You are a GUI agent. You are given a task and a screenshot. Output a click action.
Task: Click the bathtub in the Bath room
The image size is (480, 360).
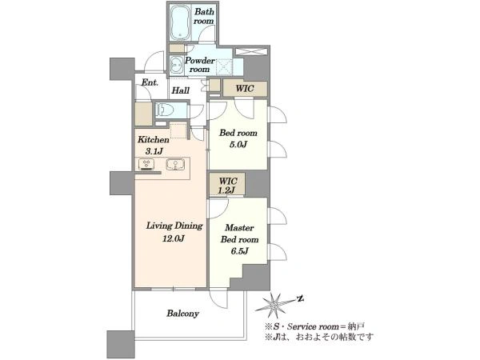click(x=180, y=23)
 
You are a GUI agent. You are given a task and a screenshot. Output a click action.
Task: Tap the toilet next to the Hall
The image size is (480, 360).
click(x=166, y=110)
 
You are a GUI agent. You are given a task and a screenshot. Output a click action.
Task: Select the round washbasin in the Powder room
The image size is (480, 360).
click(x=177, y=66)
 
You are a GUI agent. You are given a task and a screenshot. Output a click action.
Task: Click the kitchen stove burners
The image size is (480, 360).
click(x=146, y=164)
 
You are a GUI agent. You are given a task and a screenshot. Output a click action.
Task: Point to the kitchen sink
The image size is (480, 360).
click(x=175, y=164)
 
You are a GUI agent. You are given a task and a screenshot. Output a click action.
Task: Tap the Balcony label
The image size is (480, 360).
click(x=182, y=313)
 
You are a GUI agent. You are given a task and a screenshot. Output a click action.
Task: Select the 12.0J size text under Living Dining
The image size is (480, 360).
click(x=174, y=238)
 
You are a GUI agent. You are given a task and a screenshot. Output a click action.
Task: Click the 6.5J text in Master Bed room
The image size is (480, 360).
click(x=239, y=251)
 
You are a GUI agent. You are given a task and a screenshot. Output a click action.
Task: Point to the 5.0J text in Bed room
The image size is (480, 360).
click(x=238, y=144)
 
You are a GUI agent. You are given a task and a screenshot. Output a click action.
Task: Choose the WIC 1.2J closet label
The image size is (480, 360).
click(x=227, y=186)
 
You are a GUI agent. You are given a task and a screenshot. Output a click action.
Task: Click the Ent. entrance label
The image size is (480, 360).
click(x=150, y=82)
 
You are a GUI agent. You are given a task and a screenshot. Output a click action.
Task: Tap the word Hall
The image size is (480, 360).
click(x=180, y=90)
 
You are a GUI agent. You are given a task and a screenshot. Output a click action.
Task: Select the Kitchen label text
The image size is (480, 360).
click(x=153, y=139)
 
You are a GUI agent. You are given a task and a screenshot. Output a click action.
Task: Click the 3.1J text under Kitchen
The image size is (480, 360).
click(x=154, y=151)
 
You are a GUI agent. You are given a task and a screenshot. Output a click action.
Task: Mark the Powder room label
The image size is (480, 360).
click(x=199, y=65)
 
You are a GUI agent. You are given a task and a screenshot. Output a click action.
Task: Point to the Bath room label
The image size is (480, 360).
click(x=204, y=16)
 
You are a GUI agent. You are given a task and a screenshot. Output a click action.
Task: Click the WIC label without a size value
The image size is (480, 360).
click(x=245, y=89)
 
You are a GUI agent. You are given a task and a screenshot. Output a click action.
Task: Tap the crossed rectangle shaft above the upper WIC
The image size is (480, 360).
click(x=250, y=51)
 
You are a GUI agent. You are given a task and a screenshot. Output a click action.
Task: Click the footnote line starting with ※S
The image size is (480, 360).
click(x=314, y=326)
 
